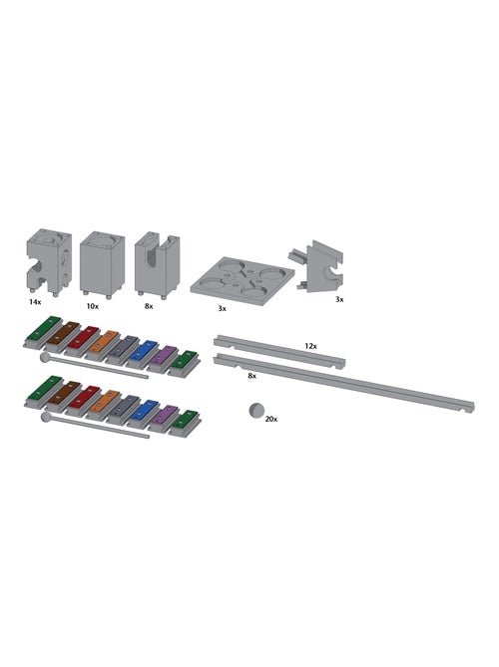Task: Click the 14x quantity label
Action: [x=35, y=302]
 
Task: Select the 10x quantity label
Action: [x=93, y=306]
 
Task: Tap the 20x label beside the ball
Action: [x=271, y=419]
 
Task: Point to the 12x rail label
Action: [x=310, y=346]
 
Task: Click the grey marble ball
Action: [x=256, y=411]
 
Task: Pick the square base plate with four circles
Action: [x=243, y=281]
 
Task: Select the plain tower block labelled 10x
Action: [x=102, y=264]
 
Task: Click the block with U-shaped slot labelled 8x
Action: [x=157, y=264]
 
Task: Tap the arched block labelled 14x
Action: [x=49, y=261]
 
